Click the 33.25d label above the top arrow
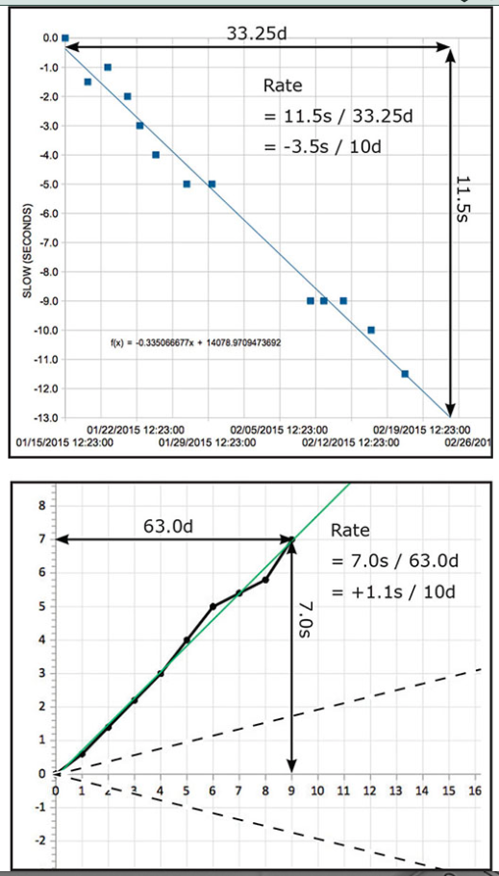(x=258, y=35)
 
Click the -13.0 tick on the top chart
(x=45, y=417)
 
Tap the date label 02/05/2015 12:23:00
(x=277, y=429)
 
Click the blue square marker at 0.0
(x=64, y=38)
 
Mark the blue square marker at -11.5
(x=405, y=373)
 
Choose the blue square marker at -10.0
(x=371, y=330)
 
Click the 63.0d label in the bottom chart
(x=169, y=526)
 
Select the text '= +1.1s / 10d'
(x=392, y=589)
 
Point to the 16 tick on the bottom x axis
(x=473, y=789)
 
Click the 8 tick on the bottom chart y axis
(x=41, y=504)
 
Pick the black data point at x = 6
(x=212, y=607)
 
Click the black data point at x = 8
(x=265, y=579)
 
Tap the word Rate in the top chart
(x=282, y=87)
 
